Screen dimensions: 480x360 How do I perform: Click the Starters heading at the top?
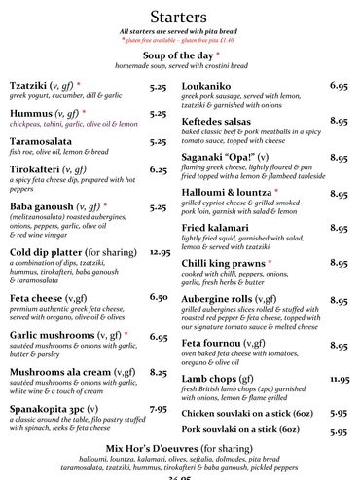tap(180, 17)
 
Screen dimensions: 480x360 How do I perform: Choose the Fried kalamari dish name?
tap(221, 228)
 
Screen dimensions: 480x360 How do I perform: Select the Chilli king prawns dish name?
tap(234, 263)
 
